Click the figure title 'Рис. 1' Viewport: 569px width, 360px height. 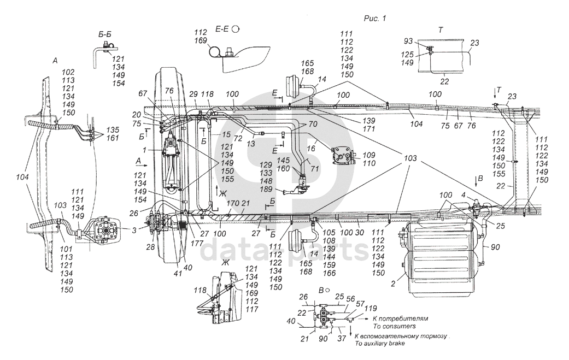point(374,18)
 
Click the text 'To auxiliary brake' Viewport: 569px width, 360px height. point(379,343)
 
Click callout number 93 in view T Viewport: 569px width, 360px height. point(409,42)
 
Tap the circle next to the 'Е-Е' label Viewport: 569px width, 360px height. point(236,29)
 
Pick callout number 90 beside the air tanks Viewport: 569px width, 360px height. point(495,247)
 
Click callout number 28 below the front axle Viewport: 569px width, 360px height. point(151,247)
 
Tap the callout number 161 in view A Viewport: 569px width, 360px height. point(113,138)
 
